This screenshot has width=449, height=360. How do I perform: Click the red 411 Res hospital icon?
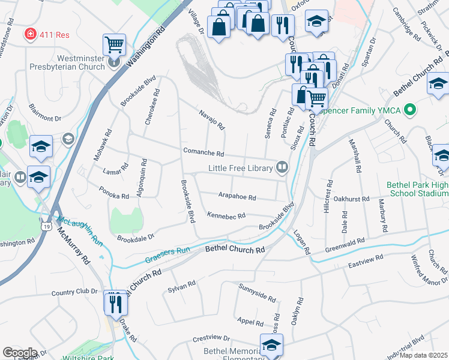(x=29, y=35)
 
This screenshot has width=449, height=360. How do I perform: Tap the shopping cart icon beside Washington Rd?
(x=114, y=44)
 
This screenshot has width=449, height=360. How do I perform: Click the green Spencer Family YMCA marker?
(x=410, y=110)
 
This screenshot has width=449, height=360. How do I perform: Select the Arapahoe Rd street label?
(x=237, y=197)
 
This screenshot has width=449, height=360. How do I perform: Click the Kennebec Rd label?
(x=226, y=215)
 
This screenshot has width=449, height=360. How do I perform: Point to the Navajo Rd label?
(x=211, y=119)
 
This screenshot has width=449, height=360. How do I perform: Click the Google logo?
(x=20, y=353)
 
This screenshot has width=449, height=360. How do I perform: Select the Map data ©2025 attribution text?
(x=423, y=355)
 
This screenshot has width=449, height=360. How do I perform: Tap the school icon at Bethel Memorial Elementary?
(x=271, y=345)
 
